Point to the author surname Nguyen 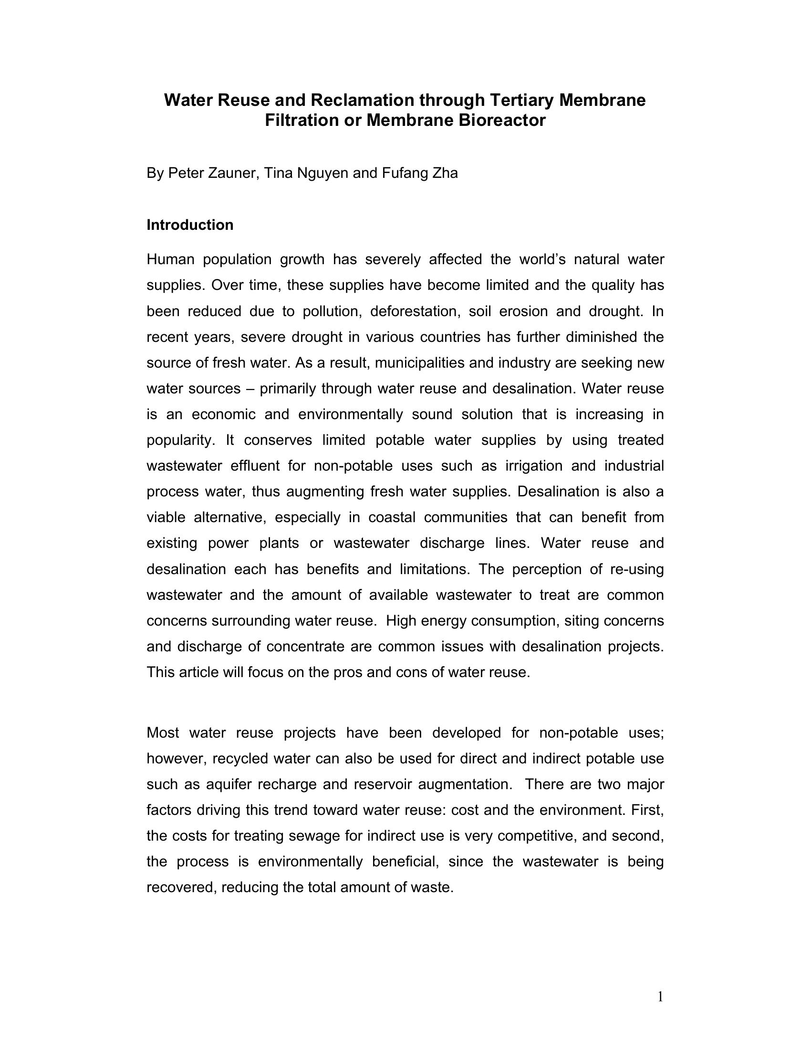(322, 173)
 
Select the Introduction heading (190, 225)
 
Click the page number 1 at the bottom (660, 997)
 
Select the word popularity (180, 441)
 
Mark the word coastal (392, 517)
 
